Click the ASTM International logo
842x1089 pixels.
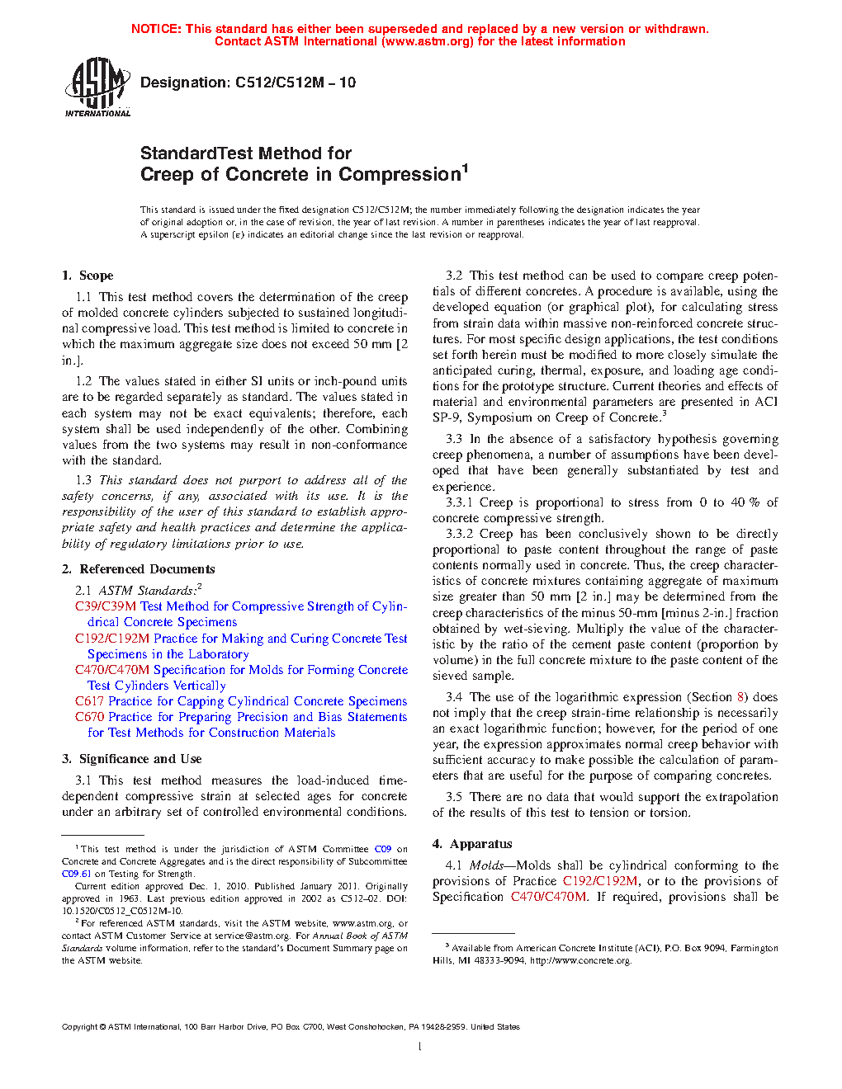97,87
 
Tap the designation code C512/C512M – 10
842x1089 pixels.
296,82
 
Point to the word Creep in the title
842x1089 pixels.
168,175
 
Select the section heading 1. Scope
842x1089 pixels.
88,276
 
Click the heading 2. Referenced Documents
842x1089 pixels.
139,569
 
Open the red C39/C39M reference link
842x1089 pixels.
105,606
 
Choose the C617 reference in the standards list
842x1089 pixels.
89,701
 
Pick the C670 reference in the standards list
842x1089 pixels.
89,717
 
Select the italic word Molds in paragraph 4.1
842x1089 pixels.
486,865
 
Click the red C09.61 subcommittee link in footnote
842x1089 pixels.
76,874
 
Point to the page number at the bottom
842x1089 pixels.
420,1047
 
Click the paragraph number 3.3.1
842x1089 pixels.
459,502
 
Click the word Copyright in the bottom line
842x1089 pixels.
79,1027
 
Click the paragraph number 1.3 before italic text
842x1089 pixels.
83,480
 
